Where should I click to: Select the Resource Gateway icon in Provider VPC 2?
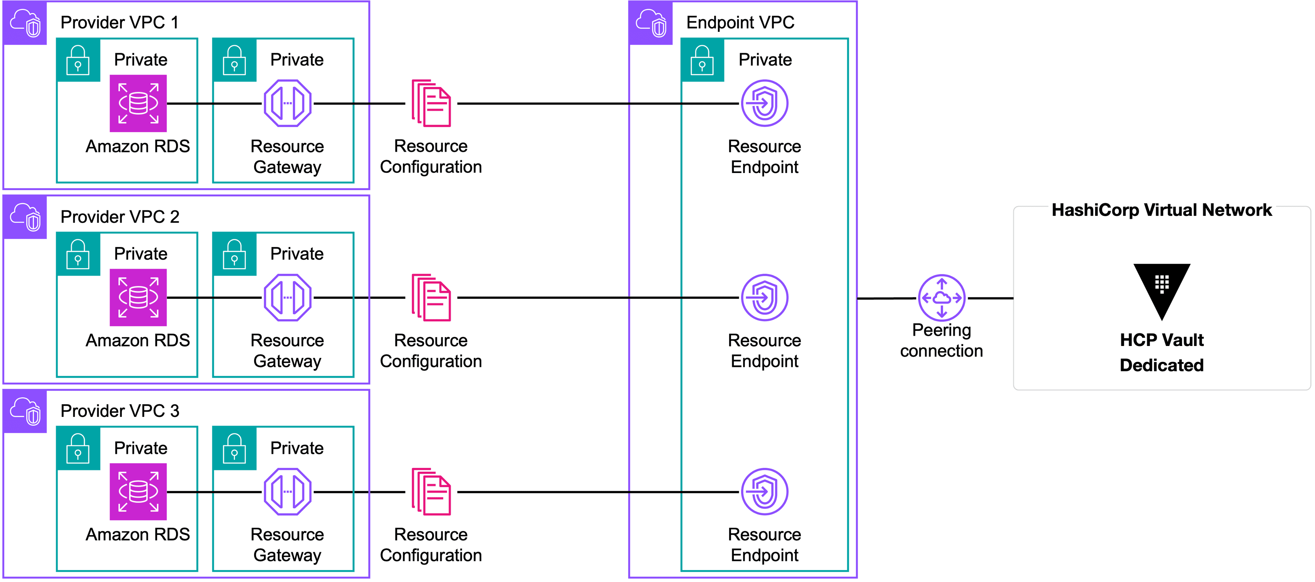pyautogui.click(x=287, y=298)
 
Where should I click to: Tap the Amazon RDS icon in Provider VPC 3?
pyautogui.click(x=138, y=492)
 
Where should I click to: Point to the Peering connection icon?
pyautogui.click(x=941, y=298)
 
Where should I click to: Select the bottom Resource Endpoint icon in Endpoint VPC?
pyautogui.click(x=764, y=492)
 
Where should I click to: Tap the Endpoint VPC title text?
pyautogui.click(x=740, y=23)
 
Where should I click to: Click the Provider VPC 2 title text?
pyautogui.click(x=120, y=216)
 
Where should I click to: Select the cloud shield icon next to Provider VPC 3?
pyautogui.click(x=25, y=411)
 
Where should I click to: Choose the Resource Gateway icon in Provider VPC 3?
pyautogui.click(x=287, y=492)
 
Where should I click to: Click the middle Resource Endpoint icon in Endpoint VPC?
pyautogui.click(x=764, y=298)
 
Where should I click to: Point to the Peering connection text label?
pyautogui.click(x=941, y=340)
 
